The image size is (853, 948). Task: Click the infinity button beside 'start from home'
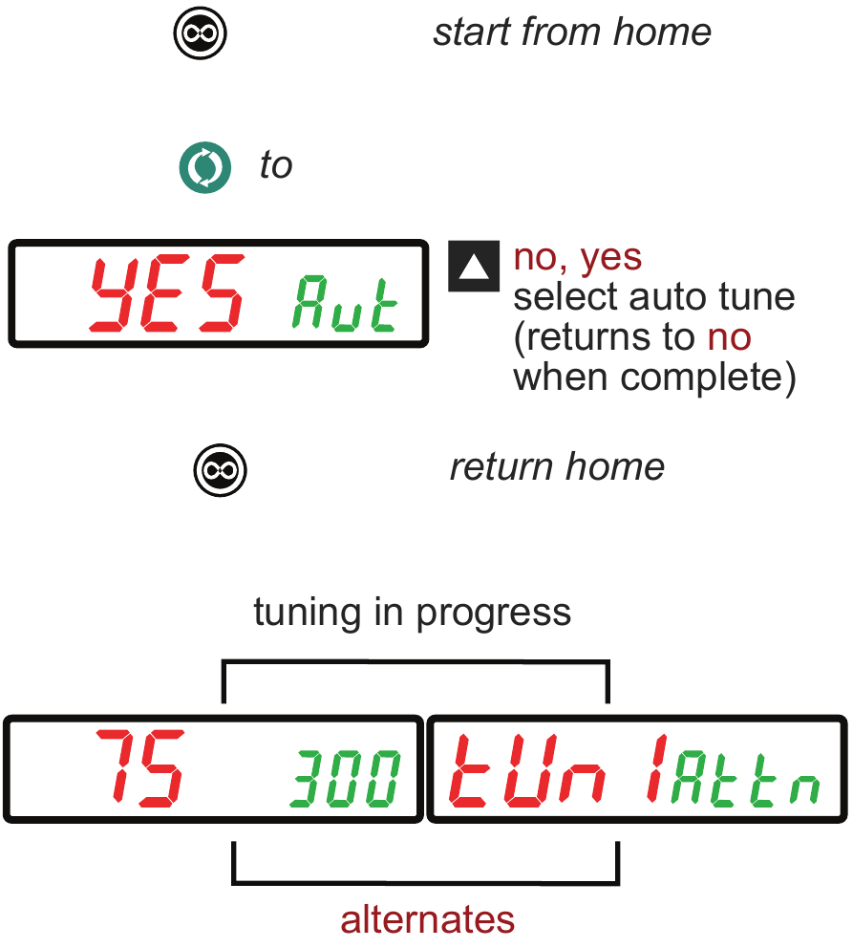[x=200, y=32]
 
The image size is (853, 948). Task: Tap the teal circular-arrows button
[x=204, y=167]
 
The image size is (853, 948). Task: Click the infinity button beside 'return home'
[x=220, y=470]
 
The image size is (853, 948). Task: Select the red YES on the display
[x=167, y=293]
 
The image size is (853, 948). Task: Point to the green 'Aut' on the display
[x=345, y=303]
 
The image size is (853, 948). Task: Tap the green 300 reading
[x=345, y=779]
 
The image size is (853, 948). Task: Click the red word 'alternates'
[x=427, y=920]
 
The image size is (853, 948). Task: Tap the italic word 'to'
[x=276, y=165]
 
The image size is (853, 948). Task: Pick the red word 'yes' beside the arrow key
[x=610, y=259]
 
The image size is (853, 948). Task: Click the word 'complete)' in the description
[x=708, y=377]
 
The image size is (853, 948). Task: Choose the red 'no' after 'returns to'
[x=730, y=337]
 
